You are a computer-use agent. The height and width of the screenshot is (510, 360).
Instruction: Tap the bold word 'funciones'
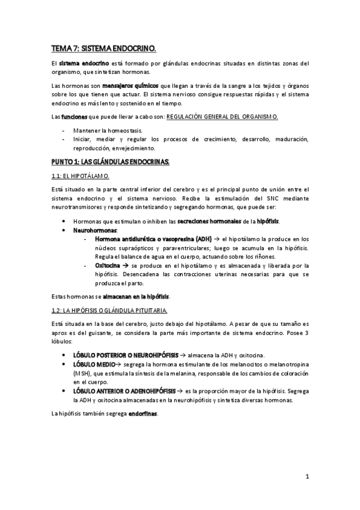[73, 116]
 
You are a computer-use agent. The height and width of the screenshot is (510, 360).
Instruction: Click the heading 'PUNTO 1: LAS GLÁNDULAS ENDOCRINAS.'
[111, 162]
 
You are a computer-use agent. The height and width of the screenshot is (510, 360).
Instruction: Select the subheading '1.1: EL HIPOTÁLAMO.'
[80, 176]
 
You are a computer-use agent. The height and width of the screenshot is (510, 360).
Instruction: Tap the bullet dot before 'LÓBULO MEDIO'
[64, 364]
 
